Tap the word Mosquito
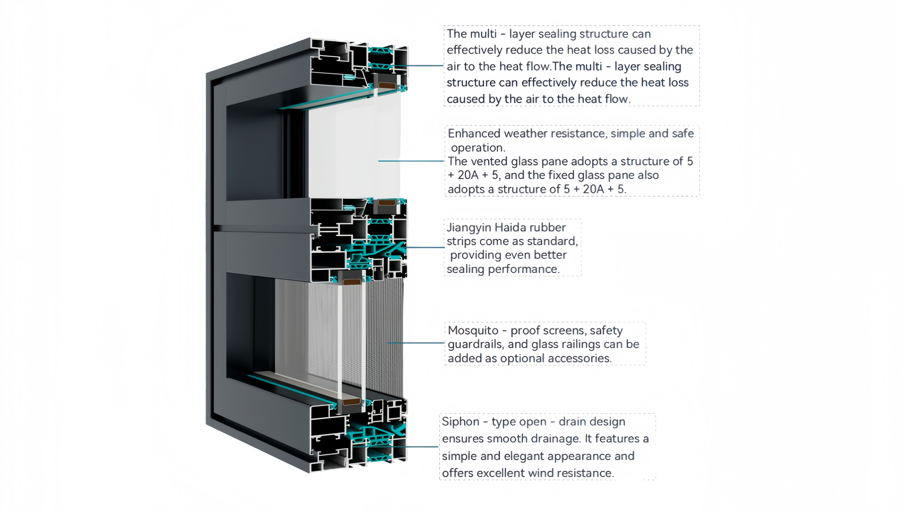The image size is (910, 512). (473, 330)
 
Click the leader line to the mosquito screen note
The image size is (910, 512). (416, 343)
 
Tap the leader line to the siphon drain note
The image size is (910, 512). (396, 447)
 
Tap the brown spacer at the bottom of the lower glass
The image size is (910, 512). (352, 402)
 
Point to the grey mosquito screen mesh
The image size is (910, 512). (385, 336)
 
